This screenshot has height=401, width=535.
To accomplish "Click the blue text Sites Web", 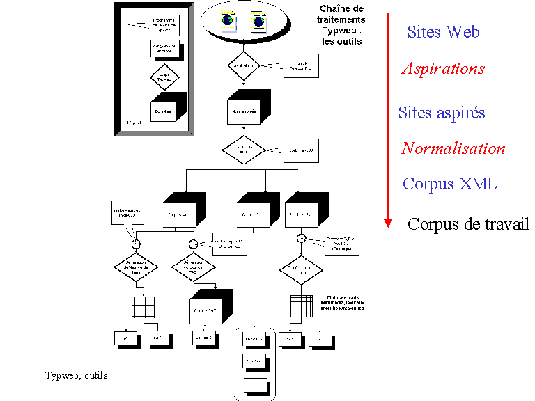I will [x=443, y=32].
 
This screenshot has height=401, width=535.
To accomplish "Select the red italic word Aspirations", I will [x=443, y=69].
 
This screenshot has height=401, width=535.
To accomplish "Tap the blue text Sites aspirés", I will [x=442, y=113].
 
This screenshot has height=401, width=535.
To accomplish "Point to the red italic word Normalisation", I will [x=453, y=148].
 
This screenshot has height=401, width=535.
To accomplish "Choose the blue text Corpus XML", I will [x=449, y=184].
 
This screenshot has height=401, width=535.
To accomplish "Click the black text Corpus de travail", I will [x=468, y=224].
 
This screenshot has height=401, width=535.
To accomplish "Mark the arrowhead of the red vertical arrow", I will [x=388, y=223].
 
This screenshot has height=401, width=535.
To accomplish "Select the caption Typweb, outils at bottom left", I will [x=76, y=376].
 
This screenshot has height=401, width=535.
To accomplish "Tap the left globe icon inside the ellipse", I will [x=227, y=21].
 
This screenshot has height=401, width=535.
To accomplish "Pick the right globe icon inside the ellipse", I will [x=259, y=21].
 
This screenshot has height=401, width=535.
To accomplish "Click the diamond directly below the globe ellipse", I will [x=243, y=65].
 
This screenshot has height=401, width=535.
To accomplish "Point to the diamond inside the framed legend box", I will [x=164, y=75].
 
